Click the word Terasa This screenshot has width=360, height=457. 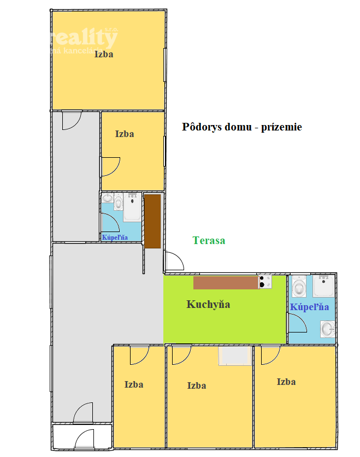pyautogui.click(x=209, y=240)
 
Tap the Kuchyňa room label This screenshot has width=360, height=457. pyautogui.click(x=208, y=304)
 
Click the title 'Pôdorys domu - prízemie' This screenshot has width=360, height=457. pyautogui.click(x=241, y=127)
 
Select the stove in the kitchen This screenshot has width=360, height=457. pyautogui.click(x=265, y=282)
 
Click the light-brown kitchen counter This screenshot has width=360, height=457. pyautogui.click(x=225, y=282)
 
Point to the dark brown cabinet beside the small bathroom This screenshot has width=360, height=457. pyautogui.click(x=152, y=221)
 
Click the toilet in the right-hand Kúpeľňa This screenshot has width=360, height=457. pyautogui.click(x=300, y=286)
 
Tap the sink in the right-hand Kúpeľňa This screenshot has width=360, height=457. pyautogui.click(x=328, y=329)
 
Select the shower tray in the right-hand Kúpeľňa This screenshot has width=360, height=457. pyautogui.click(x=323, y=286)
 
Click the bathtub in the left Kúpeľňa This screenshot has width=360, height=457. pyautogui.click(x=132, y=207)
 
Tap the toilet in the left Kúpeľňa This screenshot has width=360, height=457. pyautogui.click(x=119, y=201)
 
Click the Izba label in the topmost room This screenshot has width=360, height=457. pyautogui.click(x=104, y=54)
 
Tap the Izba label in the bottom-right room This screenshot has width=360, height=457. pyautogui.click(x=286, y=382)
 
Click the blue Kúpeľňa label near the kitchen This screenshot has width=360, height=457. pyautogui.click(x=309, y=307)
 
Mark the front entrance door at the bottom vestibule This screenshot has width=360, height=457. pyautogui.click(x=85, y=440)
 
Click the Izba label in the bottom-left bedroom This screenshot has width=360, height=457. pyautogui.click(x=134, y=384)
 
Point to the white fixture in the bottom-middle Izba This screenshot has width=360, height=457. pyautogui.click(x=235, y=355)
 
